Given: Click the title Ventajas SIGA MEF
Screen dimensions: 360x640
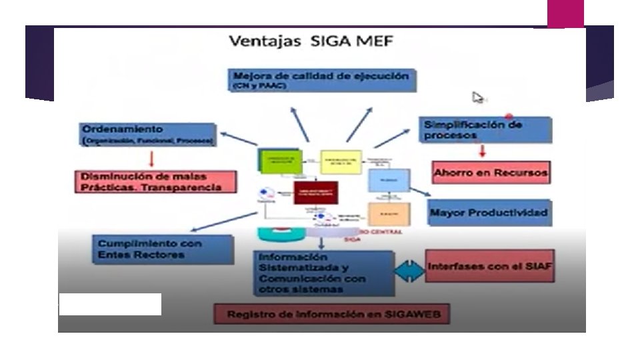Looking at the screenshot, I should point(311,41).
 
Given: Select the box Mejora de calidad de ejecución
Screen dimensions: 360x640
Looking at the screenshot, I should point(323,80).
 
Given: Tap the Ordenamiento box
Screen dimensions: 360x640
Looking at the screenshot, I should point(147,133).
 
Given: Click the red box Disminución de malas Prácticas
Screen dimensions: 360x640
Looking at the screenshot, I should point(156,181).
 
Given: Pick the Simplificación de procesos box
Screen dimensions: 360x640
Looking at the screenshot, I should point(486,129).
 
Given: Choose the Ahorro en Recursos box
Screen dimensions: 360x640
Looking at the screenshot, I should point(491,173).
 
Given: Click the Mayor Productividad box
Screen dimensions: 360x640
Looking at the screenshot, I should point(489,213).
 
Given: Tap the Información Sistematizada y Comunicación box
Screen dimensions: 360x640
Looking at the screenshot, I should point(323,273).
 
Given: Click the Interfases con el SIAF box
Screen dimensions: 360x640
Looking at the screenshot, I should point(491,265).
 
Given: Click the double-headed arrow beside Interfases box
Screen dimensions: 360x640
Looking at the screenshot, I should point(409,269).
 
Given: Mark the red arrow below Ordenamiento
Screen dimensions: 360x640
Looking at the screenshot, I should point(152,158).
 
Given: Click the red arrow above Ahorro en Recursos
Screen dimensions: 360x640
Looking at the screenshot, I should point(482,151).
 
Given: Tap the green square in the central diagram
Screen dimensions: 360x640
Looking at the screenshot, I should point(275,161).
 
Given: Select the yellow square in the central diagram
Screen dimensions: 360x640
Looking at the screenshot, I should point(341,162).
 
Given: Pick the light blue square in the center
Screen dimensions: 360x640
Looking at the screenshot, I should point(389,180).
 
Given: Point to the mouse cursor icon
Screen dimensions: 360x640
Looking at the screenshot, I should point(478,98).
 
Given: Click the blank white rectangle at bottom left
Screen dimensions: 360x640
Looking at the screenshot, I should point(110,304).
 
